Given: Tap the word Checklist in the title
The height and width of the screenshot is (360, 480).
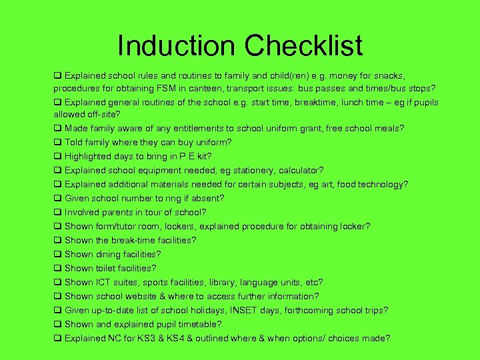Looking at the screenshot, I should point(303,45).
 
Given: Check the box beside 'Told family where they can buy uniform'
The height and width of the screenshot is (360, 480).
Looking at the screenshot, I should point(58,142).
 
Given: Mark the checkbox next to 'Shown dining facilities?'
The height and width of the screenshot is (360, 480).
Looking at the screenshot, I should point(58,254).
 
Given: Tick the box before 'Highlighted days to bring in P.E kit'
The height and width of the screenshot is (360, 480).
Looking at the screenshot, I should point(58,156).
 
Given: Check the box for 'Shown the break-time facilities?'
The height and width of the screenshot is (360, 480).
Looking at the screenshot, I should point(58,240).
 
